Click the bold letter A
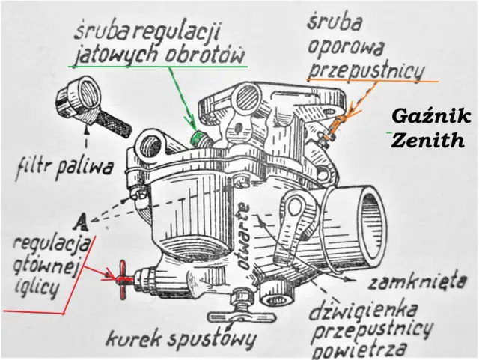tap(83, 220)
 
